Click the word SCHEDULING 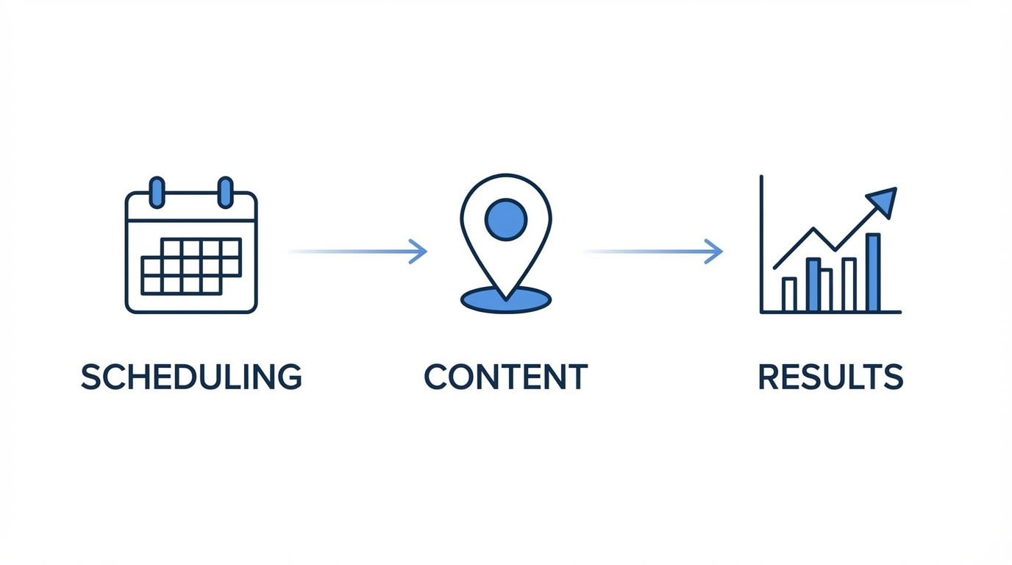pyautogui.click(x=191, y=377)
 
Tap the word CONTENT pyautogui.click(x=506, y=377)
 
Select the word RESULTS pyautogui.click(x=830, y=377)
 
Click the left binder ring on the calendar pyautogui.click(x=157, y=192)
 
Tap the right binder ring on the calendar pyautogui.click(x=225, y=192)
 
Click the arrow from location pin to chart pyautogui.click(x=653, y=252)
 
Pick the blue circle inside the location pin pyautogui.click(x=506, y=218)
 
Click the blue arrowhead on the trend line pyautogui.click(x=883, y=200)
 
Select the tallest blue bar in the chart pyautogui.click(x=873, y=272)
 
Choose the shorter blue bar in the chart pyautogui.click(x=813, y=285)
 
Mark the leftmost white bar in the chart pyautogui.click(x=789, y=294)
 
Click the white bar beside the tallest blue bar pyautogui.click(x=849, y=285)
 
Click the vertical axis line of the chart pyautogui.click(x=762, y=243)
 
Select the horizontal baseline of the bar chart pyautogui.click(x=831, y=312)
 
